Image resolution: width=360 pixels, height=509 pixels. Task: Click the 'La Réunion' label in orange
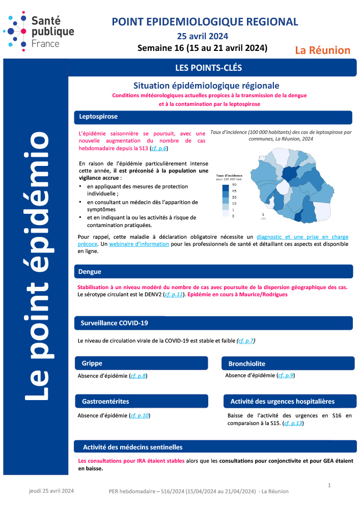coord(323,50)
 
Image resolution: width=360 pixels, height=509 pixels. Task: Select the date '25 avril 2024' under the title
coord(202,36)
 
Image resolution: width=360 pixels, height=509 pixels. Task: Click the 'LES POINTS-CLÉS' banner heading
coord(208,67)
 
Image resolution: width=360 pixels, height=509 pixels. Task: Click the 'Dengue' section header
coord(90,271)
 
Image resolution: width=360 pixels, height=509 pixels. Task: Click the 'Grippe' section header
coord(92,363)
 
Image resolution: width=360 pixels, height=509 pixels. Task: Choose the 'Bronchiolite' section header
coord(247,363)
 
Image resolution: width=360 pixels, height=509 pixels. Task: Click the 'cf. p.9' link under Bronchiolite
coord(286,376)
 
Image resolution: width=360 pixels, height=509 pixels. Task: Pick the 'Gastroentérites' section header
coord(105,402)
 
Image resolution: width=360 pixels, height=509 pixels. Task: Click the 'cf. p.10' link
coord(140,416)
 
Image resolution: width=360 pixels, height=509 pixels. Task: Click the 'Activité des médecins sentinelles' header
coord(133,447)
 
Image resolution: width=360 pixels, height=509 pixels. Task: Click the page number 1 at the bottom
coord(329,485)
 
